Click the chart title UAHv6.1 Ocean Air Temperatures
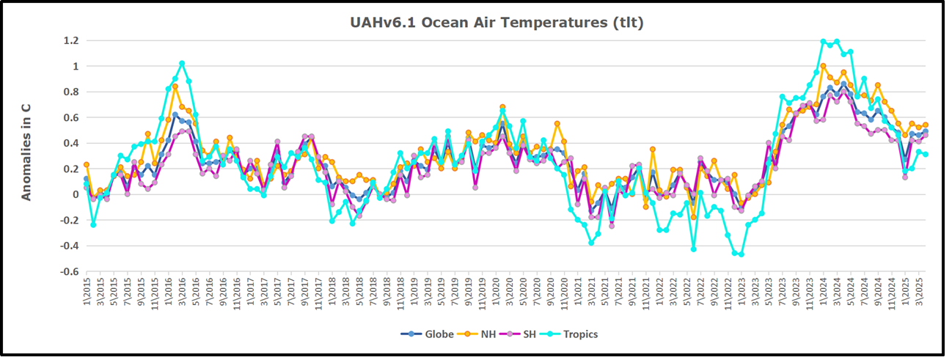coord(497,23)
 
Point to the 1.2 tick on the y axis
coord(70,41)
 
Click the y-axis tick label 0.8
coord(70,92)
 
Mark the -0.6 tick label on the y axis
coord(68,272)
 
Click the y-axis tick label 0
coord(75,195)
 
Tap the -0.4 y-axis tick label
coord(68,246)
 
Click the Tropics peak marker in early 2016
coord(182,64)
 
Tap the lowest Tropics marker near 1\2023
coord(742,254)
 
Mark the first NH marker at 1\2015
coord(87,165)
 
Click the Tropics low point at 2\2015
coord(93,224)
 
